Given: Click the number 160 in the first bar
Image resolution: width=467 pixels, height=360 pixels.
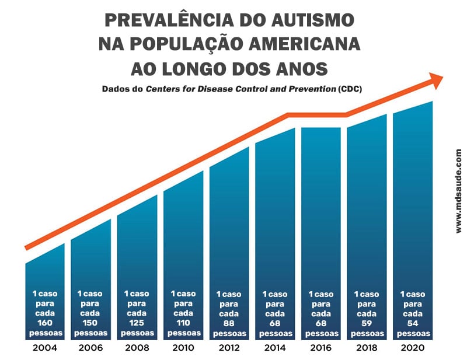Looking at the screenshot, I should pyautogui.click(x=44, y=323).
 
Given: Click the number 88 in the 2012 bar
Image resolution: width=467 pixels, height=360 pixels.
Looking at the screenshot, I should pyautogui.click(x=229, y=323).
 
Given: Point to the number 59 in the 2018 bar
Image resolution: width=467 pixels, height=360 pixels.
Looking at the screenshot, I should pyautogui.click(x=367, y=323).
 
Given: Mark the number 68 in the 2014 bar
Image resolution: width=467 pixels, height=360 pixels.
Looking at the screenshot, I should pyautogui.click(x=275, y=323).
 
